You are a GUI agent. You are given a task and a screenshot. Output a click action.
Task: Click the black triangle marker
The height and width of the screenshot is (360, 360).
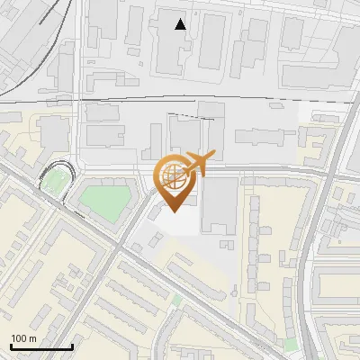pos(181,24)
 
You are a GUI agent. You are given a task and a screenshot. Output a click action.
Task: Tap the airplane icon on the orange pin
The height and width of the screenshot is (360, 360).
pos(200,162)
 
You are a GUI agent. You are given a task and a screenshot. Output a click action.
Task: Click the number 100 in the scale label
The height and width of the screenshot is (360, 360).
pos(19,338)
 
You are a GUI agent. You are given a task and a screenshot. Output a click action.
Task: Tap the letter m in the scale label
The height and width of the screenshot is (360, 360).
pos(32,338)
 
